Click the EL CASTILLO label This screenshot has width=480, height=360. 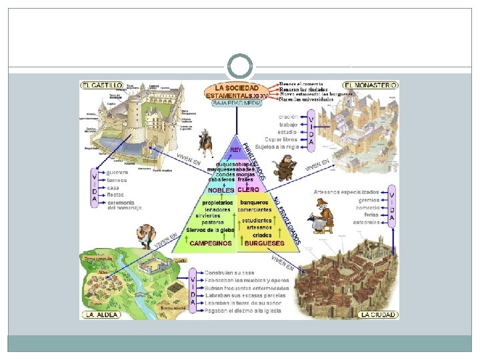click(x=102, y=85)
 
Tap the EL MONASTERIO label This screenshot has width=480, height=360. click(x=371, y=85)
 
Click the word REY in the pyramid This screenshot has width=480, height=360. click(x=236, y=149)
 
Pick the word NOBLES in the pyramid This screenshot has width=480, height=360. click(x=221, y=190)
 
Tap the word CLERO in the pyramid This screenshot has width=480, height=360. click(x=249, y=190)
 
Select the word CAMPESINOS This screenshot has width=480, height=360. click(x=211, y=243)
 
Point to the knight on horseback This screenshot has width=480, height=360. click(x=207, y=140)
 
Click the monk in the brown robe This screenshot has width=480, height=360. click(x=286, y=167)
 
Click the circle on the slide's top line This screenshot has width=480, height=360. click(x=240, y=67)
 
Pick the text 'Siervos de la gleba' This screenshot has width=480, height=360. click(x=210, y=230)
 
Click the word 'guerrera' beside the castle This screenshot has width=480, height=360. click(x=117, y=172)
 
